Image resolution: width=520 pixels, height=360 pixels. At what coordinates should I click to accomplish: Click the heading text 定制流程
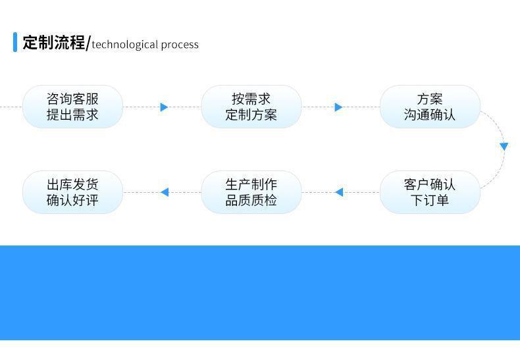(54, 43)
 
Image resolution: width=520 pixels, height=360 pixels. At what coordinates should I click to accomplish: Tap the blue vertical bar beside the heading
(15, 42)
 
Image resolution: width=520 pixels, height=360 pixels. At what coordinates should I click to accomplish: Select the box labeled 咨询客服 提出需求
(72, 107)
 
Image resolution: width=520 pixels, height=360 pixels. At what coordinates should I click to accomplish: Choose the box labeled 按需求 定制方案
(251, 107)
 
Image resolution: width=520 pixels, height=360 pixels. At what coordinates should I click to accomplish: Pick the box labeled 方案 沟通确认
(430, 107)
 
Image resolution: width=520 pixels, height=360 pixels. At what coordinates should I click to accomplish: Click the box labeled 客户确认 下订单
(430, 192)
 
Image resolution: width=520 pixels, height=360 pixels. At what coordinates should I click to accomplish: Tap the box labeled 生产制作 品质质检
(251, 192)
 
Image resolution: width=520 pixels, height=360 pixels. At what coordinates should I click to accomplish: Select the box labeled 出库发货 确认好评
(72, 192)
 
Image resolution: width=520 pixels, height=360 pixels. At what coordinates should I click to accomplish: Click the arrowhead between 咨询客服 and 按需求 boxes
(164, 107)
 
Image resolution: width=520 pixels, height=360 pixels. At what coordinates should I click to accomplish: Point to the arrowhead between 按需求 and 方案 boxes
(338, 107)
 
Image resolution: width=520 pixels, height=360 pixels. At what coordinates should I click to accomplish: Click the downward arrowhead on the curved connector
(504, 146)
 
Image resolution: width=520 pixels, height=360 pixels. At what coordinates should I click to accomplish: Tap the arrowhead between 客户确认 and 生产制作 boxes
(338, 192)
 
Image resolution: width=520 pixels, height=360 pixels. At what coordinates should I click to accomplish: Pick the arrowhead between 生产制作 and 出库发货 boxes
(165, 192)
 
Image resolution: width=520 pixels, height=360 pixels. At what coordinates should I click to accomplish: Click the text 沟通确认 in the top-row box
(430, 115)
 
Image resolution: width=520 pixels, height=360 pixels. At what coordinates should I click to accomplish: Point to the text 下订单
(430, 200)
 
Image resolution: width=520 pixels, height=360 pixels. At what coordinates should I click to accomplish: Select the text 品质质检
(251, 200)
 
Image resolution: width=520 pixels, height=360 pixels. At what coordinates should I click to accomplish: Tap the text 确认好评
(72, 200)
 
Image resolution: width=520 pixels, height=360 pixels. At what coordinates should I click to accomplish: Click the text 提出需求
(72, 115)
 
